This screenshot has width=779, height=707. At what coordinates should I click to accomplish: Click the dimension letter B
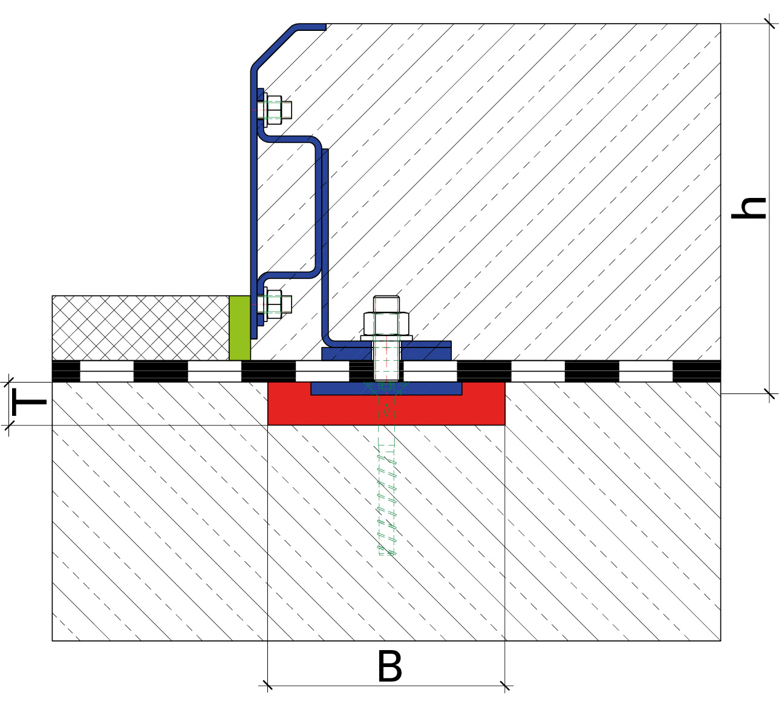pyautogui.click(x=389, y=666)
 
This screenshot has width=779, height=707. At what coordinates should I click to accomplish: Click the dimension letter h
pyautogui.click(x=748, y=208)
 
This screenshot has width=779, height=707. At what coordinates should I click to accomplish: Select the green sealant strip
pyautogui.click(x=240, y=327)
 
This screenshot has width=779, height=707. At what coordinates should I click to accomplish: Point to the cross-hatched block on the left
pyautogui.click(x=140, y=327)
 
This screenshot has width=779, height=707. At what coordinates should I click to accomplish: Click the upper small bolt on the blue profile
pyautogui.click(x=274, y=110)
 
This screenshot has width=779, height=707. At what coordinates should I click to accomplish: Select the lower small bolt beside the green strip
pyautogui.click(x=274, y=303)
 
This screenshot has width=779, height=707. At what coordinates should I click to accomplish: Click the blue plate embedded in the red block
pyautogui.click(x=386, y=389)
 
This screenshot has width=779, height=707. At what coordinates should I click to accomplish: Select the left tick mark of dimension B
pyautogui.click(x=267, y=685)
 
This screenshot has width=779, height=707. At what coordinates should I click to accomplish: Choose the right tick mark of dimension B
pyautogui.click(x=505, y=686)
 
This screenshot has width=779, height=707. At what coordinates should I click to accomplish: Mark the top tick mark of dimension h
pyautogui.click(x=769, y=24)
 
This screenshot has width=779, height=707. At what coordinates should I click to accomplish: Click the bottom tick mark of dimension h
pyautogui.click(x=769, y=393)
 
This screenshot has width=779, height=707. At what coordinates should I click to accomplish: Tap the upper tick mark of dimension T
pyautogui.click(x=8, y=382)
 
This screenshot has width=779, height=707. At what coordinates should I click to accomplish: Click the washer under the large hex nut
pyautogui.click(x=386, y=338)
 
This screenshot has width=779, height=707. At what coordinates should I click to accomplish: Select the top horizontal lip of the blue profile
pyautogui.click(x=311, y=27)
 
